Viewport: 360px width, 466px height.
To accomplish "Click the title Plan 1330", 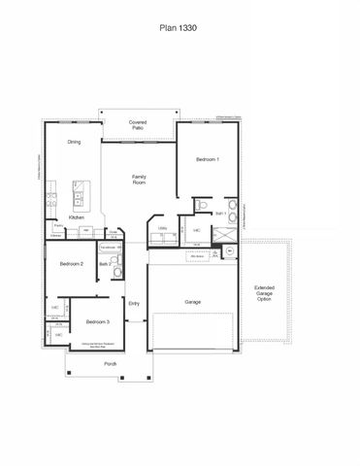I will point(180,29).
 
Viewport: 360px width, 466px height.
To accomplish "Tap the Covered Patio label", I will point(139,126).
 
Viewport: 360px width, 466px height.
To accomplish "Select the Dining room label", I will point(74,143).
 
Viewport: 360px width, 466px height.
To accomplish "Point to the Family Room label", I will point(139,179).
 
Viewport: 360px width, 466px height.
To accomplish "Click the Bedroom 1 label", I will point(208,158).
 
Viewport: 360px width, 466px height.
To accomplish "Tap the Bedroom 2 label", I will point(71,263).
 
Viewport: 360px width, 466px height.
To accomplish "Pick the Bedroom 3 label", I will point(95,321).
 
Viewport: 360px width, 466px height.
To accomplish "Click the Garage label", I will point(192,302).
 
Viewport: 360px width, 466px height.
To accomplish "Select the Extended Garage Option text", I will point(264,293).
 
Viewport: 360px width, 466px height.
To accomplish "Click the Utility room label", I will point(163,228).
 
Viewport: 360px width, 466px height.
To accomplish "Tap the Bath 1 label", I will point(220,213).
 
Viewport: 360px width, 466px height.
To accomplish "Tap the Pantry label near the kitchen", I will point(57,226).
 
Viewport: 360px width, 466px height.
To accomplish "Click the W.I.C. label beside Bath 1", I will point(197,230).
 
